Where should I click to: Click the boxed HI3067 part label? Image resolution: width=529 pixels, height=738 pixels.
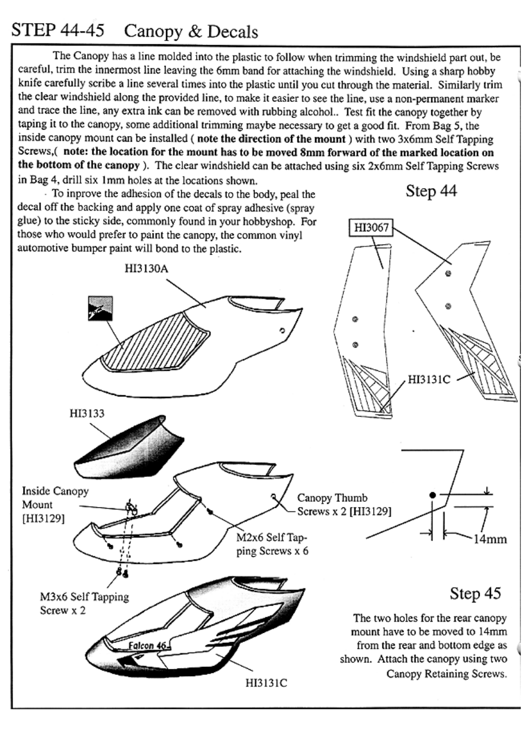tap(371, 228)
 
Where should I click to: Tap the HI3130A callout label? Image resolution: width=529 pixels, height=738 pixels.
tap(146, 269)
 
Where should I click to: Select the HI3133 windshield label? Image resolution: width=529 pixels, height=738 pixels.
tap(87, 413)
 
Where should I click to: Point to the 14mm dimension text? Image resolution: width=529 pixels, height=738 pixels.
tap(490, 539)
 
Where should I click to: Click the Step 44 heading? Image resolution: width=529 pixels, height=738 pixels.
tap(431, 191)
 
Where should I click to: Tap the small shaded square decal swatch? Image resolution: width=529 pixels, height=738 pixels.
tap(100, 309)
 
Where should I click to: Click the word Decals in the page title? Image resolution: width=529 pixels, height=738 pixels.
tap(232, 32)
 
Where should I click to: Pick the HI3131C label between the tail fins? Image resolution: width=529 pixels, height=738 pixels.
tap(429, 380)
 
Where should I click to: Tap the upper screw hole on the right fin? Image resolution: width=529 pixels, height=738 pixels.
tap(448, 274)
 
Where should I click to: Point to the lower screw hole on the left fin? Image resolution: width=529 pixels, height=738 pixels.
tap(355, 345)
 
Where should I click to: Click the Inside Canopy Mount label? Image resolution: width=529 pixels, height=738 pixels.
tap(55, 505)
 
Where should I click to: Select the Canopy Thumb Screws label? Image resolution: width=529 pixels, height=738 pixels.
tap(344, 505)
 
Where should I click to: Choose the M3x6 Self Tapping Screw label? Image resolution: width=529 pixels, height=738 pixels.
tap(84, 604)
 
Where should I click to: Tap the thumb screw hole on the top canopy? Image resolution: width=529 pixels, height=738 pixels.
tap(282, 330)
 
